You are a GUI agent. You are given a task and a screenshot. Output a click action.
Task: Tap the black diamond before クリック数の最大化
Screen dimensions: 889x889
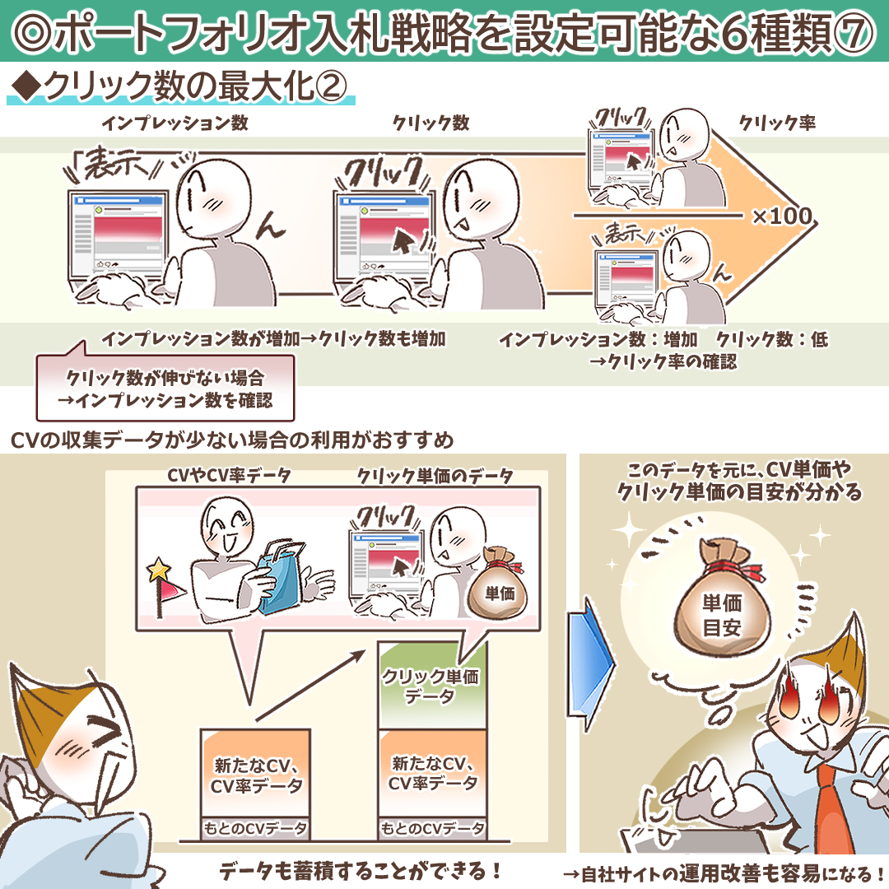click(26, 86)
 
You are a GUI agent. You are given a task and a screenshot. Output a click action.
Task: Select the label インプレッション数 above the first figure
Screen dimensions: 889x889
click(175, 123)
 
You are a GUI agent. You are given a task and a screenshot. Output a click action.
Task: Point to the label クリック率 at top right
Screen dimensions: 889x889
click(777, 123)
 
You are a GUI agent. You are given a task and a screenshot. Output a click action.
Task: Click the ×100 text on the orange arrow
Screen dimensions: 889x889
click(783, 216)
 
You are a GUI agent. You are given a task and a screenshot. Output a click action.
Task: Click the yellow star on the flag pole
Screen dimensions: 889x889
click(159, 570)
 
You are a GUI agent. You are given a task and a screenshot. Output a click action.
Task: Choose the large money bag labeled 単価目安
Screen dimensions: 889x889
click(723, 606)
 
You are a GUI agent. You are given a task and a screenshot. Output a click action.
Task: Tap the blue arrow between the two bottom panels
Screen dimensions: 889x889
click(591, 663)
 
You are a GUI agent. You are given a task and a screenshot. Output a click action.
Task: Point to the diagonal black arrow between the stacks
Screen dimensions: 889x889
click(310, 686)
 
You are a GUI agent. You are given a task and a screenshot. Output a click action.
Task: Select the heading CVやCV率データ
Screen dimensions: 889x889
click(229, 475)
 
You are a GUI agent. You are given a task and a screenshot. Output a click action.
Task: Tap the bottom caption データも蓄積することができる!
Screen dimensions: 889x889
click(361, 871)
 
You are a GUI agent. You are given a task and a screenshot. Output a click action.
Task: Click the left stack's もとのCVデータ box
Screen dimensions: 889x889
click(255, 828)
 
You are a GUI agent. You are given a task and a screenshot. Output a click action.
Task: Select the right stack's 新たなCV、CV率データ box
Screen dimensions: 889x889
click(433, 773)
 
